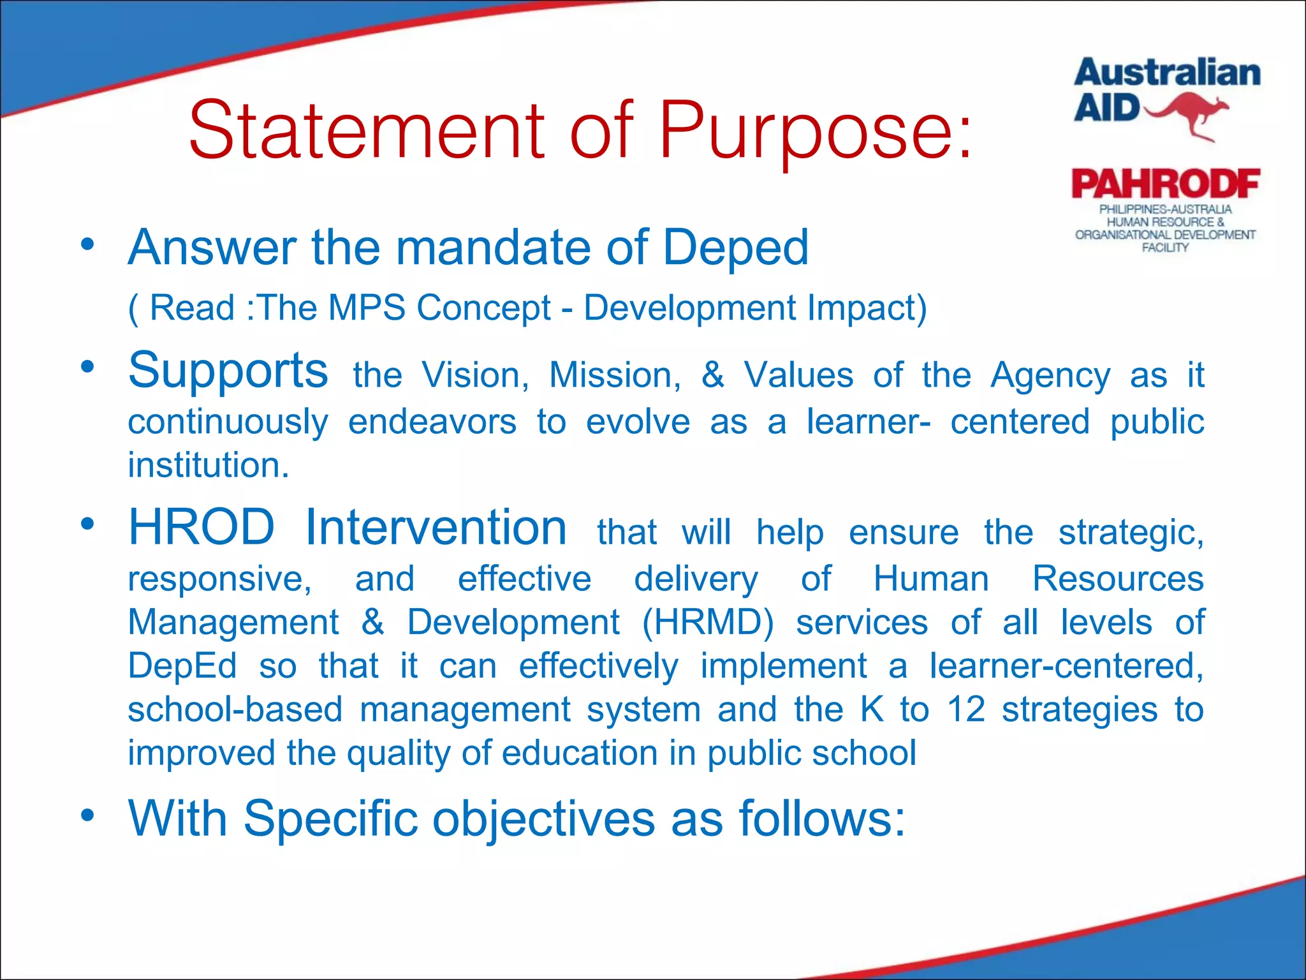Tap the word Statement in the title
(367, 131)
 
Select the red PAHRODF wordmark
(1166, 184)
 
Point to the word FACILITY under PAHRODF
(1165, 248)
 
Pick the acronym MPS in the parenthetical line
(367, 308)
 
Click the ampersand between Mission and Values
(712, 375)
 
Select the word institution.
(209, 465)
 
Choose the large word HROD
(202, 528)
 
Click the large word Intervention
(436, 528)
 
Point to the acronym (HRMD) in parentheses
(708, 622)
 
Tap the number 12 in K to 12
(966, 709)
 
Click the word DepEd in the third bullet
(182, 666)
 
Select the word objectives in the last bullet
(544, 819)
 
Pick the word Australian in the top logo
(1167, 73)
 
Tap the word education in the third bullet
(580, 754)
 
